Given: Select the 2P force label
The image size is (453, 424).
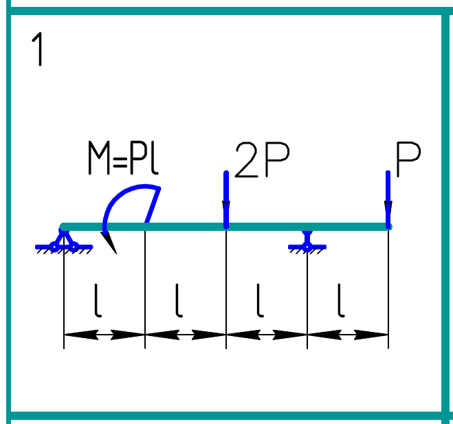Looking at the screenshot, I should (x=262, y=161).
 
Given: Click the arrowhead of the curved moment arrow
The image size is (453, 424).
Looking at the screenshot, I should (x=109, y=242).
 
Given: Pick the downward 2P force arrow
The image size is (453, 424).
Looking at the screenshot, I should (x=226, y=199).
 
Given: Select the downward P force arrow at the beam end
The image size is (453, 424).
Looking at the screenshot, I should (x=388, y=199).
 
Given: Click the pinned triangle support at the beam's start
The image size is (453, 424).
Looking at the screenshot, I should (x=63, y=241).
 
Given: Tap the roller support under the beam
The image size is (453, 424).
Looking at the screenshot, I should (x=307, y=240).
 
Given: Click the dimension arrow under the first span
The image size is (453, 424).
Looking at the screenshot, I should (x=104, y=335).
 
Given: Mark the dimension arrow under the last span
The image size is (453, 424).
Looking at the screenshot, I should (x=348, y=335).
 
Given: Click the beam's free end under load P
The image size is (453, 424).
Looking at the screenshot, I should (x=388, y=226).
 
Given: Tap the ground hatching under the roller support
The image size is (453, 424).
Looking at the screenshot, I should (x=307, y=251).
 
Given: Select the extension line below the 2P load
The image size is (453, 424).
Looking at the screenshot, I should (x=226, y=289).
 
